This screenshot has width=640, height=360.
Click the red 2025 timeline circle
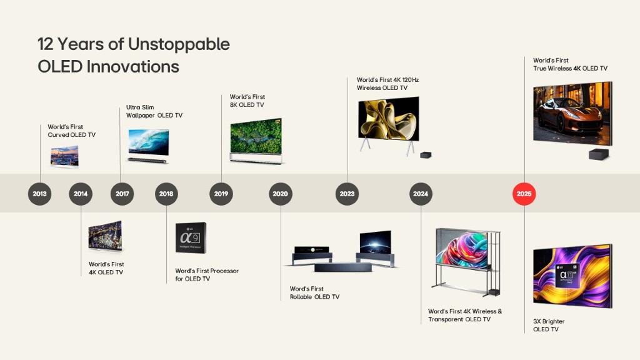[x=524, y=194]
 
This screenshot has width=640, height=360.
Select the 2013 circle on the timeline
[x=39, y=194]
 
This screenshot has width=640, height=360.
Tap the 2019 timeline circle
[x=221, y=194]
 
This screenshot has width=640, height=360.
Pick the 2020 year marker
[x=281, y=194]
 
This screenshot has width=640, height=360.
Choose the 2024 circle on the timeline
[x=421, y=194]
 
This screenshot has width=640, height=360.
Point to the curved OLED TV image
[x=64, y=157]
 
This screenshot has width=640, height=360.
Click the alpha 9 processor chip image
[x=191, y=237]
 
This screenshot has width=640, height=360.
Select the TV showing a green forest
[x=256, y=141]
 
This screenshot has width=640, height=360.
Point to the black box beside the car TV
[x=599, y=154]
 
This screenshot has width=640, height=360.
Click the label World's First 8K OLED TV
[x=247, y=101]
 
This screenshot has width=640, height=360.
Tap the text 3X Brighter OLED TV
[x=549, y=325]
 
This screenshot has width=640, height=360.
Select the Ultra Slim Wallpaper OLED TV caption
[x=154, y=111]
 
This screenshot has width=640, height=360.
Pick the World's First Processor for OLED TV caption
[x=207, y=275]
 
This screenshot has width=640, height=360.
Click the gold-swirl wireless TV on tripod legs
[x=389, y=124]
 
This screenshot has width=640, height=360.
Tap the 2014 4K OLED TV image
[x=105, y=236]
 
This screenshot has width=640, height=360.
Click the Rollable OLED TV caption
[x=315, y=292]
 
